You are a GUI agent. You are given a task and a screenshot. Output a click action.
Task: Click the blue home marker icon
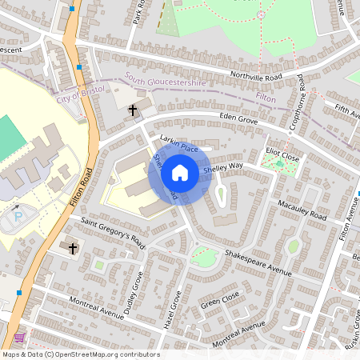[x=180, y=173]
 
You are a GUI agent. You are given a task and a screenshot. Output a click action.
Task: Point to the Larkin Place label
[x=178, y=144]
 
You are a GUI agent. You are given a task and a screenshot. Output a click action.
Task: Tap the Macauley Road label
[x=297, y=210]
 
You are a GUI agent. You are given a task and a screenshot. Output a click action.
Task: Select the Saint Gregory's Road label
[x=111, y=231]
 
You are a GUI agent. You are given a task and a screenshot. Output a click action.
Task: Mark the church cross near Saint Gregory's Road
[x=73, y=248]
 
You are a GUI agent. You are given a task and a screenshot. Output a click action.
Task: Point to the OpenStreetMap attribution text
[x=81, y=354]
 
